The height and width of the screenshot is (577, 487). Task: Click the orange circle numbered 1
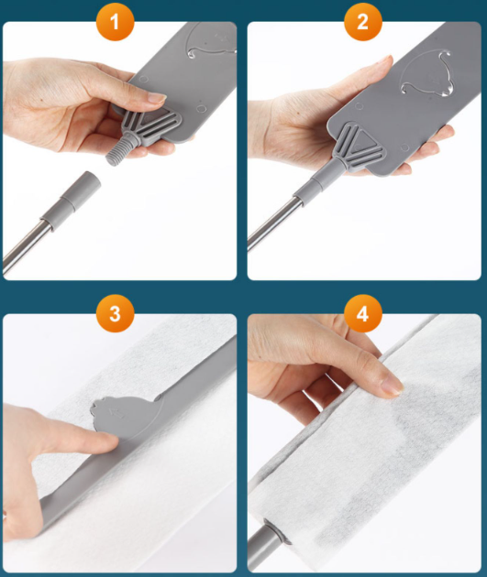point(115,21)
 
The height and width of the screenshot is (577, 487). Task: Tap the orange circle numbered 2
point(362,21)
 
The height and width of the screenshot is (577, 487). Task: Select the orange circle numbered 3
point(115,313)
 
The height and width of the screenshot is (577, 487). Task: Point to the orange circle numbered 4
point(362,313)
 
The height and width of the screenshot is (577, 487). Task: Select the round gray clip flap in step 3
point(127,416)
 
